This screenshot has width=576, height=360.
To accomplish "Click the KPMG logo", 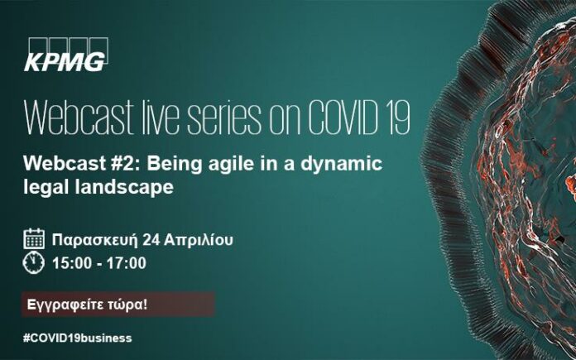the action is tap(66, 55).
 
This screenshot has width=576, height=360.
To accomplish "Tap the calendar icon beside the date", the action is tap(34, 239).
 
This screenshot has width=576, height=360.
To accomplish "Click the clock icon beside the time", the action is tap(34, 263).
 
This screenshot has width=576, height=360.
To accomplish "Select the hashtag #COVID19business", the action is tap(78, 338).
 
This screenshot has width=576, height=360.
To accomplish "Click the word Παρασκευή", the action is tap(95, 240).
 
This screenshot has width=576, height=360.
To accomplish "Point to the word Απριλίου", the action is tap(199, 240).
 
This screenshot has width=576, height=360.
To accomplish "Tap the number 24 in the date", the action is tap(151, 240).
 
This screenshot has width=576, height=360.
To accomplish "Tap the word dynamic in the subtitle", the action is tap(342, 165).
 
